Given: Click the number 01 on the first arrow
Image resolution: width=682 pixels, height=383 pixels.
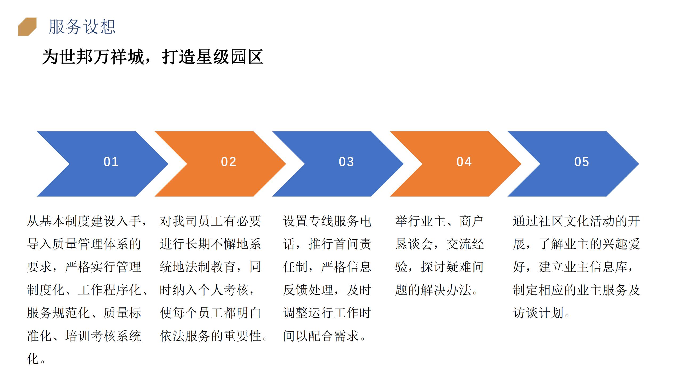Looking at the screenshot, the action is pyautogui.click(x=111, y=162).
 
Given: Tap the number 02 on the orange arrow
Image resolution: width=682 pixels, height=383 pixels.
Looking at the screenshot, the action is pyautogui.click(x=229, y=162).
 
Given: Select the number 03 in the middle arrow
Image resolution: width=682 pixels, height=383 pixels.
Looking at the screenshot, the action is pyautogui.click(x=346, y=162).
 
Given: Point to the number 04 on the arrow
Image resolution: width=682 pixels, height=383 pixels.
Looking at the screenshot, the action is pyautogui.click(x=464, y=162).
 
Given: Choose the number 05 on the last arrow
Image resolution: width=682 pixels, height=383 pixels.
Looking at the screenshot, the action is pyautogui.click(x=582, y=162).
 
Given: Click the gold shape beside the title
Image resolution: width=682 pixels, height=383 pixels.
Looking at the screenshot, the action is pyautogui.click(x=27, y=27).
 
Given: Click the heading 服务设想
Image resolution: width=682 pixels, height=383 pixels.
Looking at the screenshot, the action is pyautogui.click(x=82, y=27).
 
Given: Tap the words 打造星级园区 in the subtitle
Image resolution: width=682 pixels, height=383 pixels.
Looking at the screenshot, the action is pyautogui.click(x=212, y=57).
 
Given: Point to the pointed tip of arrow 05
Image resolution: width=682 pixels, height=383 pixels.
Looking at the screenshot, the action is pyautogui.click(x=639, y=164).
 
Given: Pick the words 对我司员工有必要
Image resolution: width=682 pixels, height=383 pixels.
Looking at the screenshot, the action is pyautogui.click(x=210, y=221).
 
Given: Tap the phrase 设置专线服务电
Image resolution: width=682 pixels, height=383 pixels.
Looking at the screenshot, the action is pyautogui.click(x=327, y=221).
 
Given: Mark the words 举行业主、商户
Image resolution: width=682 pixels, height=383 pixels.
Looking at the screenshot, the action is pyautogui.click(x=439, y=221).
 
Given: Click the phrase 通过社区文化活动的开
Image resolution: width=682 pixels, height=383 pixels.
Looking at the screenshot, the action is pyautogui.click(x=577, y=221).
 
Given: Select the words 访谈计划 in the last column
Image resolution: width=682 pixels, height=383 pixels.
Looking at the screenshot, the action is pyautogui.click(x=538, y=313).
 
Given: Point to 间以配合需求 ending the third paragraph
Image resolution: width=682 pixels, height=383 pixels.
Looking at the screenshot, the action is pyautogui.click(x=321, y=336).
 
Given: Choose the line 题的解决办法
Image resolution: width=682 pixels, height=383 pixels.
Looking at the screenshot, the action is pyautogui.click(x=433, y=290).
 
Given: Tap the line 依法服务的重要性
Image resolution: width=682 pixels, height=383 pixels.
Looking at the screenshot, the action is pyautogui.click(x=210, y=336).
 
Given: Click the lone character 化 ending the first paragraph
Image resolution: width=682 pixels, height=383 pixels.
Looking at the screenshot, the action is pyautogui.click(x=33, y=359).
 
